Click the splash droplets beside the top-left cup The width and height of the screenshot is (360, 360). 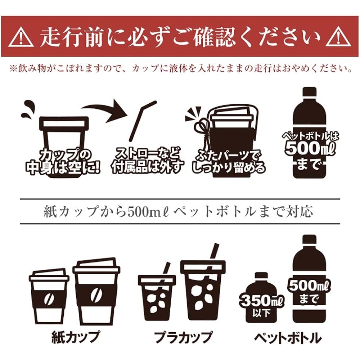pos(27,110)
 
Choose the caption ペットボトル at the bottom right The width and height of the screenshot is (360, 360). pos(288,337)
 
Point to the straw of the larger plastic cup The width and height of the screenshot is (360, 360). pos(215,251)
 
